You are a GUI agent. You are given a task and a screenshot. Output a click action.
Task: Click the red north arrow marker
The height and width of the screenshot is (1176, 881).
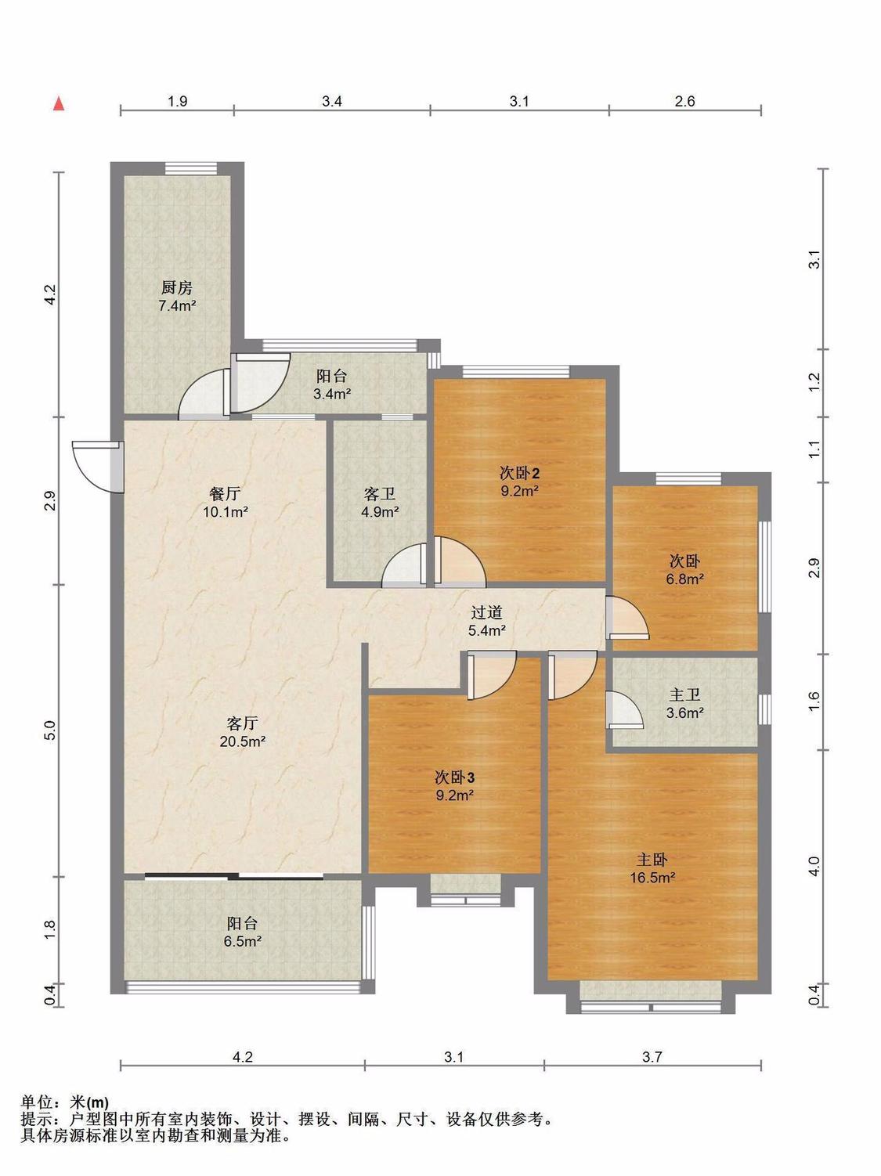(x=59, y=104)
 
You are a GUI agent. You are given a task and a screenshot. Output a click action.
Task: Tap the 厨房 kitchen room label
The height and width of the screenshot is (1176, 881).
(x=177, y=288)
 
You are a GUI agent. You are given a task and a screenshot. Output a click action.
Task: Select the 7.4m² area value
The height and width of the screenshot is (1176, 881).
(x=177, y=306)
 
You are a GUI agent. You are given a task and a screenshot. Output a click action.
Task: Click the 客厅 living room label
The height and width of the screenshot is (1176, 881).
(x=242, y=723)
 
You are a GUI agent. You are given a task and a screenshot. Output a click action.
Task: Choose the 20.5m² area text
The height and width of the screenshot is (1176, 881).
(x=242, y=742)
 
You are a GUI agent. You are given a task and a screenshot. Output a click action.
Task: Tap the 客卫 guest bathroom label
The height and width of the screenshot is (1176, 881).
(x=379, y=493)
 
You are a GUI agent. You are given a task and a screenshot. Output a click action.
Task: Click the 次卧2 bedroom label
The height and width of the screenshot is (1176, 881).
(x=519, y=473)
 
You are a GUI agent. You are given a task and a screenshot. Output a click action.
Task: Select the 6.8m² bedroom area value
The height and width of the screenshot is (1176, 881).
(x=684, y=579)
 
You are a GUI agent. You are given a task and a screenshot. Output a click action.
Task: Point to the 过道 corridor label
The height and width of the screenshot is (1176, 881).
(x=486, y=612)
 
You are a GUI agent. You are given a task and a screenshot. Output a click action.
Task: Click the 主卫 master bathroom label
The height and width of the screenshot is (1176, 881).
(x=684, y=695)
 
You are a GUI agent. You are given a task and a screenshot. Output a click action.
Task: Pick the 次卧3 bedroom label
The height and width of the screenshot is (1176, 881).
(x=454, y=777)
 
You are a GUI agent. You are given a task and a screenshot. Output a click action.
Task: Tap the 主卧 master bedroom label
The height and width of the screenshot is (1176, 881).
(x=652, y=860)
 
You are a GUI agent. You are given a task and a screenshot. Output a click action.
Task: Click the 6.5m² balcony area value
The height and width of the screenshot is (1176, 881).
(x=242, y=941)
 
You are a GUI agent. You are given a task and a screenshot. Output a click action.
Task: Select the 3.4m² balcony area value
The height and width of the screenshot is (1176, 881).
(x=332, y=395)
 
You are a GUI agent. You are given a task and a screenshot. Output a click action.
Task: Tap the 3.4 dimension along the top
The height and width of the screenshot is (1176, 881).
(x=332, y=101)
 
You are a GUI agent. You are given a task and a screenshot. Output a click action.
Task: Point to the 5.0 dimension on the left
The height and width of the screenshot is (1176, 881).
(x=50, y=730)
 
